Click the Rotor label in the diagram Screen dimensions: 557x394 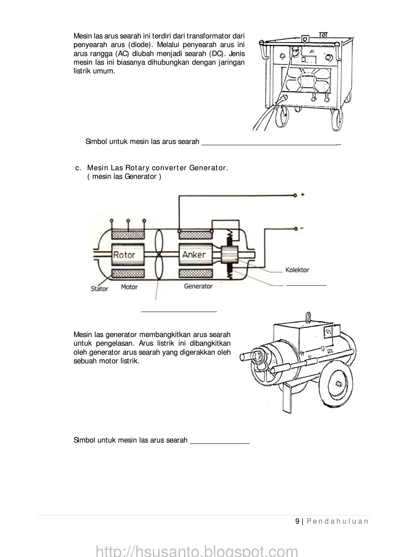tap(124, 255)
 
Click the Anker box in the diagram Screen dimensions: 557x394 tap(194, 255)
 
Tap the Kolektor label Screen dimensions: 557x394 tap(297, 270)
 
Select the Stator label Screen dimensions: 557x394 tap(99, 289)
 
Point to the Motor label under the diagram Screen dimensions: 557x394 tap(129, 287)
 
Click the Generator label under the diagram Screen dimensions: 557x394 tap(198, 286)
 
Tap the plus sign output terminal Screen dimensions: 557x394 tap(302, 195)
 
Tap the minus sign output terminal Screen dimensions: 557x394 tap(302, 228)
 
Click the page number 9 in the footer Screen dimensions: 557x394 tap(297, 521)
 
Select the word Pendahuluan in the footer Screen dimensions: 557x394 tap(337, 521)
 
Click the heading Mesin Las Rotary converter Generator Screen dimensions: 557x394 tap(157, 168)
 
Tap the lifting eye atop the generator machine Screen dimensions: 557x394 tap(308, 317)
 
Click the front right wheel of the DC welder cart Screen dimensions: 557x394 tap(337, 119)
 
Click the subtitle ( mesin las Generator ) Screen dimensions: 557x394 tap(124, 177)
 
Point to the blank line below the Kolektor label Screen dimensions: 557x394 tap(306, 284)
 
